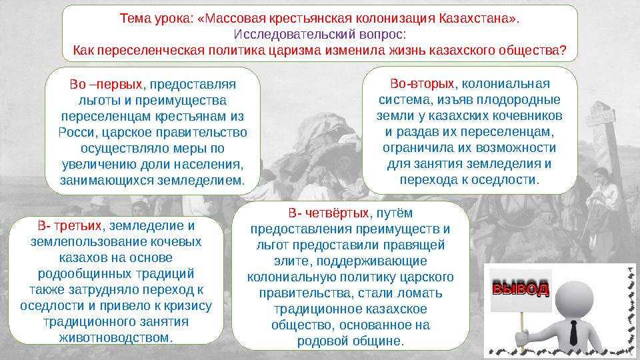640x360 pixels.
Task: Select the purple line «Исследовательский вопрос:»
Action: pyautogui.click(x=320, y=33)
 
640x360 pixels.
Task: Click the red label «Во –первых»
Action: pyautogui.click(x=105, y=85)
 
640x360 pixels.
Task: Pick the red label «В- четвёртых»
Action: pyautogui.click(x=329, y=213)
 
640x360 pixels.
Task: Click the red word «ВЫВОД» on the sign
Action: pyautogui.click(x=520, y=289)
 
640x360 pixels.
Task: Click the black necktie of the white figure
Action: pyautogui.click(x=573, y=331)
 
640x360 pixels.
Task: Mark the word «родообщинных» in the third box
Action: pyautogui.click(x=79, y=273)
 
